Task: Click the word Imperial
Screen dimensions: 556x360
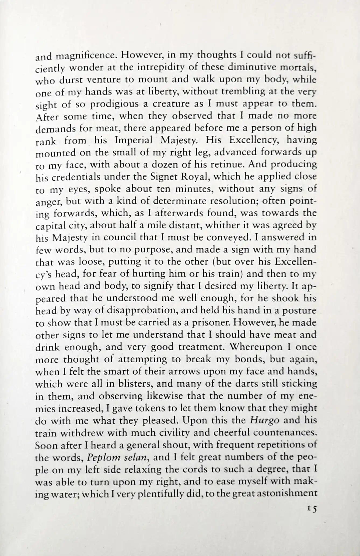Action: pyautogui.click(x=134, y=140)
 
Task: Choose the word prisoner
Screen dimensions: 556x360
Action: pyautogui.click(x=212, y=322)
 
